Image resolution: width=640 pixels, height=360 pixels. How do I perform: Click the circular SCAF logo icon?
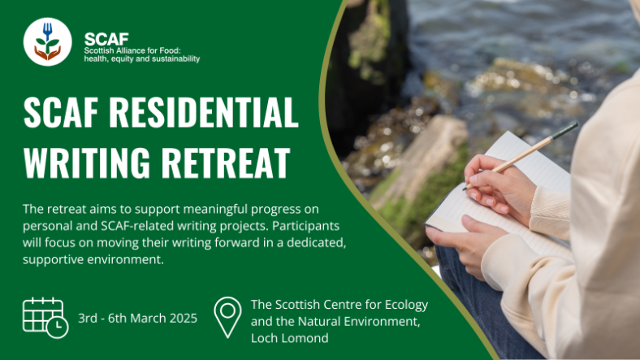pos(48,42)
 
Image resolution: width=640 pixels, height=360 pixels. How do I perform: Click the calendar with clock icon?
pos(45,317)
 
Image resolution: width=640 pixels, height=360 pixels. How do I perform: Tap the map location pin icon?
pos(227,317)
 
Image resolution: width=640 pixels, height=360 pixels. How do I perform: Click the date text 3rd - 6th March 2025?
pos(138,318)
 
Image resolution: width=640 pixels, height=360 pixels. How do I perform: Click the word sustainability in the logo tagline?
pos(170,59)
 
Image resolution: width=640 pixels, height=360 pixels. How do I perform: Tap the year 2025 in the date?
pos(183,318)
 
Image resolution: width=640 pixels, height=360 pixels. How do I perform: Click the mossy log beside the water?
pos(414,163)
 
